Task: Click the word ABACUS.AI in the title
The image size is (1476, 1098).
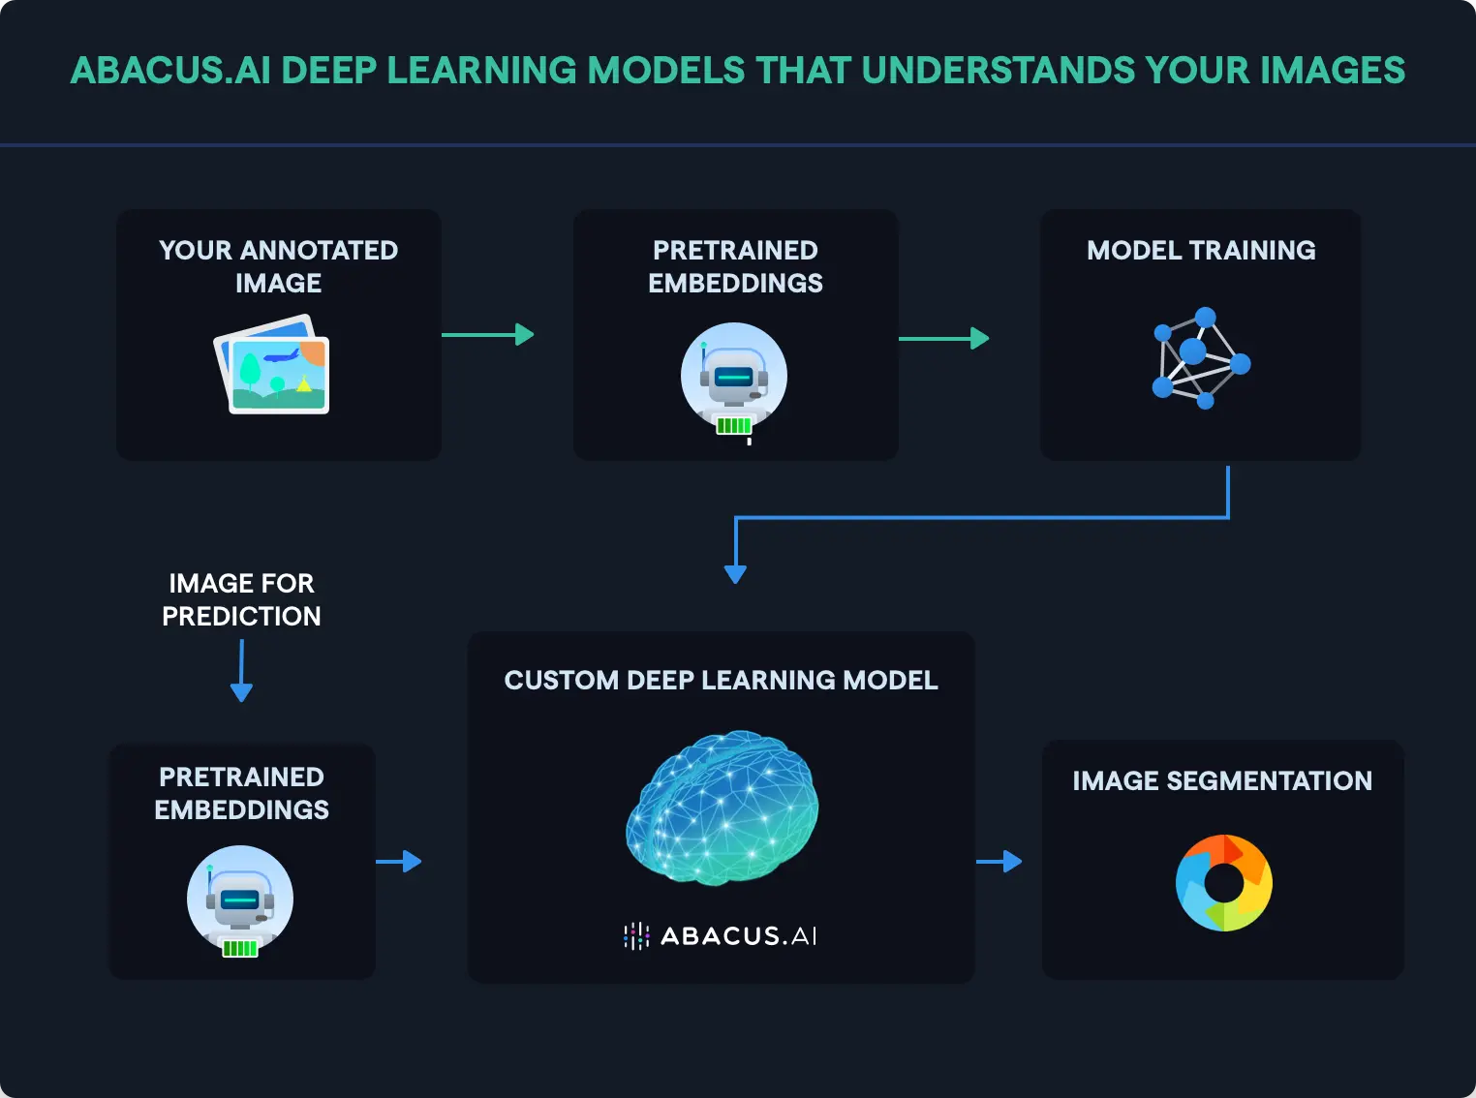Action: (169, 71)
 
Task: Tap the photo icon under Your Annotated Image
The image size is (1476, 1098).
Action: (273, 366)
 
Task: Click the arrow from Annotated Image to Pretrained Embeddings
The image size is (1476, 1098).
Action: (487, 335)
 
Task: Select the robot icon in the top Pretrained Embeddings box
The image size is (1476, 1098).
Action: (733, 378)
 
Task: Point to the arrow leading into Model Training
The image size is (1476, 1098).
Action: (943, 338)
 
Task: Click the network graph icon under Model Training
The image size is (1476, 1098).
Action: (1199, 358)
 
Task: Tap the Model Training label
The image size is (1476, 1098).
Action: (1201, 251)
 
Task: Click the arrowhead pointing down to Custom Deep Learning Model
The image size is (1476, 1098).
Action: (735, 572)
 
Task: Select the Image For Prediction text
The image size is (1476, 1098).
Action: (241, 599)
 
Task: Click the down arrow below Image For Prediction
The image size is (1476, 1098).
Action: (241, 672)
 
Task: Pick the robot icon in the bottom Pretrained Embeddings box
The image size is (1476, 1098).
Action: (239, 900)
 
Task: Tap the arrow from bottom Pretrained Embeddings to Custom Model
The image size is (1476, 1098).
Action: (398, 861)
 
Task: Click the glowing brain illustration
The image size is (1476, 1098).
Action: (722, 807)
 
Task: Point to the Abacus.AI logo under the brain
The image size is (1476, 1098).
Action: (721, 935)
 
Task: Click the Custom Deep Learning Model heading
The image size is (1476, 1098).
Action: (721, 681)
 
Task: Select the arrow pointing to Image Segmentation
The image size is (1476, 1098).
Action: (999, 861)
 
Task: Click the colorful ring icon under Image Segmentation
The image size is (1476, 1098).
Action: (1223, 882)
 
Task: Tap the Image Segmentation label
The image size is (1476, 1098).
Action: (1221, 781)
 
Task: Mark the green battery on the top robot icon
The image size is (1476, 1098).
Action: (733, 425)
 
